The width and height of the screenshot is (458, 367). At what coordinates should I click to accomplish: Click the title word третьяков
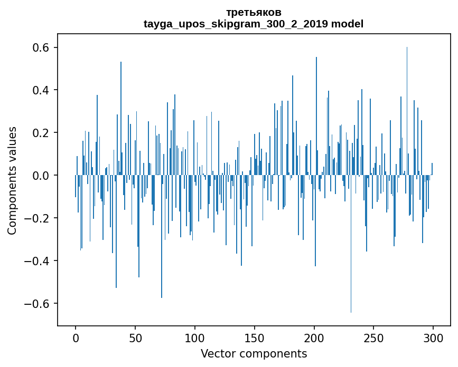coord(254,12)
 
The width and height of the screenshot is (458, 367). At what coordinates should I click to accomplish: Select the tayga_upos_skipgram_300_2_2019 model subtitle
coord(254,24)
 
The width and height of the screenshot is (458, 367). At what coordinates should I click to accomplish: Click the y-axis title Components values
coord(12,180)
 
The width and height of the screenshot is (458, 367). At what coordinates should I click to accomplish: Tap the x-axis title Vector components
coord(254,353)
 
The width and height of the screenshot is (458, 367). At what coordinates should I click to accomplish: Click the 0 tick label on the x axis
coord(76,338)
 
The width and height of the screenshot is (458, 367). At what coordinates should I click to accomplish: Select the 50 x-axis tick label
coord(135,338)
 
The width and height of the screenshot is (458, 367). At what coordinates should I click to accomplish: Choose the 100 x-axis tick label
coord(195,338)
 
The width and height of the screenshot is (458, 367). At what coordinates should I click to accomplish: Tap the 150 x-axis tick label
coord(255,338)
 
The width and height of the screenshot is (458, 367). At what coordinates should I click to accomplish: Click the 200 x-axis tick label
coord(314,338)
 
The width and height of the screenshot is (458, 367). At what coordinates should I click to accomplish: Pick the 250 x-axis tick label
coord(374,338)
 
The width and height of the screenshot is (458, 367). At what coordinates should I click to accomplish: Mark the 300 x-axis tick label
coord(434,338)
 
